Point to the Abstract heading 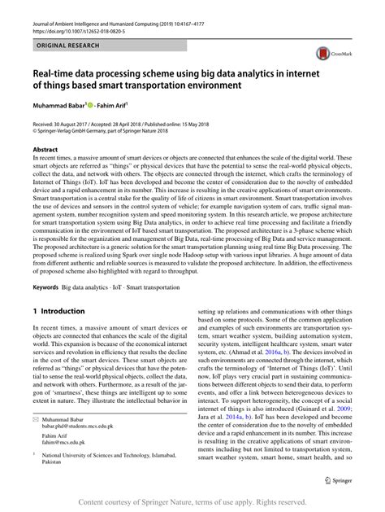45,150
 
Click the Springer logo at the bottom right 334,481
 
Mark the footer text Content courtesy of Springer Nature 138,502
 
